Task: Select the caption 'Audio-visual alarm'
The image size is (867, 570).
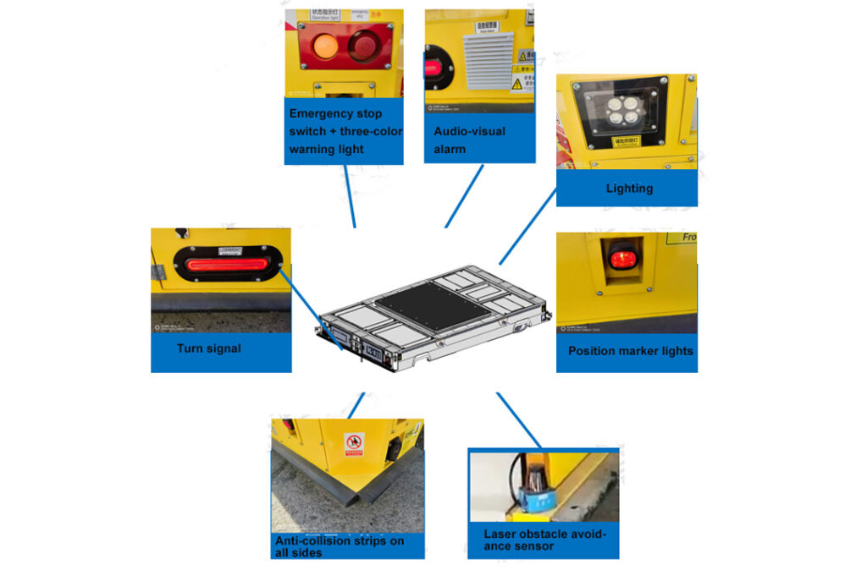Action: pyautogui.click(x=470, y=140)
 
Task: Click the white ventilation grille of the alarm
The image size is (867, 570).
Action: pyautogui.click(x=489, y=60)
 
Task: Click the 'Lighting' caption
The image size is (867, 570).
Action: pyautogui.click(x=629, y=188)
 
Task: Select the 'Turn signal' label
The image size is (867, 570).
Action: pyautogui.click(x=209, y=348)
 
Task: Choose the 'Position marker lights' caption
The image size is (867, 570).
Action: pyautogui.click(x=630, y=351)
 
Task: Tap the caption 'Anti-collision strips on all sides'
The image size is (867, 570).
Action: pyautogui.click(x=340, y=545)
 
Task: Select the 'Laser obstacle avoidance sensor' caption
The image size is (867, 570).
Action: pyautogui.click(x=544, y=540)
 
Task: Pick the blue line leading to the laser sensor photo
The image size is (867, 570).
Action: pyautogui.click(x=518, y=419)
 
